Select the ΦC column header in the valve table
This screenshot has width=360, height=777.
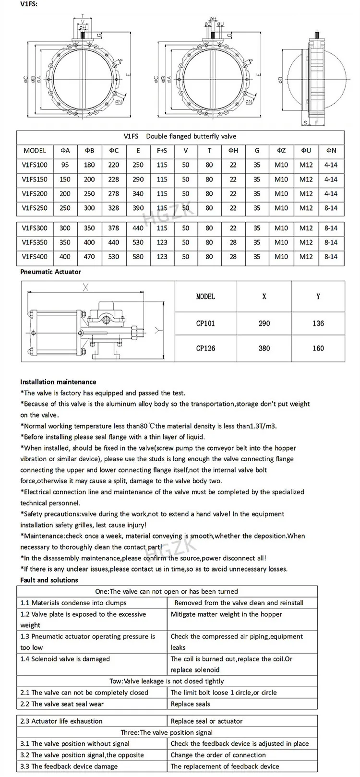(114, 151)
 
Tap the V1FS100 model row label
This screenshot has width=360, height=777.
(35, 165)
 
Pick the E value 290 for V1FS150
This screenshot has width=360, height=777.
(138, 179)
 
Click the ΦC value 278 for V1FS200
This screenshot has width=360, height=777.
(114, 194)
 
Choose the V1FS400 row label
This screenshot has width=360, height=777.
(35, 257)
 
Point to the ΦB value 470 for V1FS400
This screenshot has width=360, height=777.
(89, 257)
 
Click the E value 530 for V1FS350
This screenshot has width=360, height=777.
(138, 242)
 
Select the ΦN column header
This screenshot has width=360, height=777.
(331, 151)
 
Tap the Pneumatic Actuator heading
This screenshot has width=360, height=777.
(51, 272)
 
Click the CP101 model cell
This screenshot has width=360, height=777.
(205, 323)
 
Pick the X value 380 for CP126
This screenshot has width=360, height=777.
(264, 348)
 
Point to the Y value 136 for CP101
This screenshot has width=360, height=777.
(318, 323)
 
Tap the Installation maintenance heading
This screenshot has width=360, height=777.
(58, 382)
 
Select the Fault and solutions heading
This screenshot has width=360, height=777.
(49, 580)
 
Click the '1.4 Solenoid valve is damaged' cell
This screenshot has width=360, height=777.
(65, 659)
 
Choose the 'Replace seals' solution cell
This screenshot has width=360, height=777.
(191, 704)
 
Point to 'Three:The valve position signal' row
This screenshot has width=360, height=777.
(167, 732)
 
